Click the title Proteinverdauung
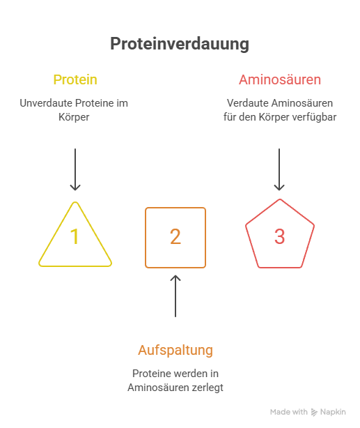[x=180, y=44]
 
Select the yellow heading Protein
[x=75, y=79]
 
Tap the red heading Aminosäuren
[x=280, y=79]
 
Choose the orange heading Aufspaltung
[x=175, y=350]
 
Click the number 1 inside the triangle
[x=75, y=236]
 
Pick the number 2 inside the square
[x=175, y=236]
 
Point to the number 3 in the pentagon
[x=279, y=236]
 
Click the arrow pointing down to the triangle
[x=75, y=169]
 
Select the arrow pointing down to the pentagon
[x=279, y=169]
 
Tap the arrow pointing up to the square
[x=175, y=296]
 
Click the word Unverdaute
[x=46, y=103]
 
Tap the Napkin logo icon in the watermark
[x=314, y=412]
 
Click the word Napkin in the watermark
[x=333, y=412]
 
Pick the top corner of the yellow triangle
[x=75, y=202]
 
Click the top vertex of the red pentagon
[x=280, y=199]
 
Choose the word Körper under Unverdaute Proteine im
[x=74, y=117]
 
